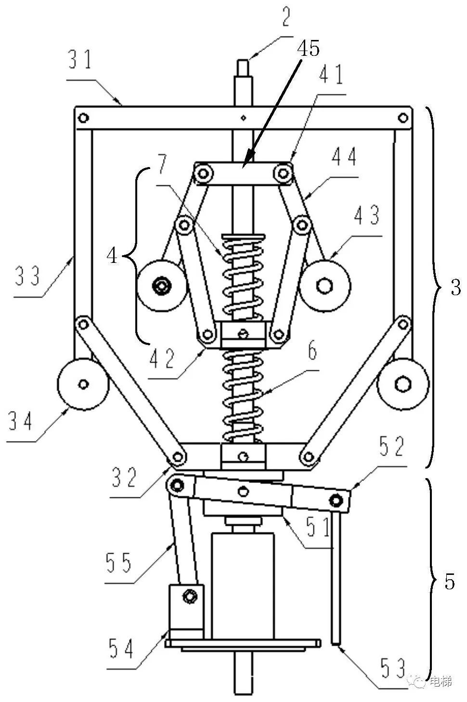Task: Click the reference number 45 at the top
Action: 309,49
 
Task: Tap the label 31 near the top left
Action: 80,59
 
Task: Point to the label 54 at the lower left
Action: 121,649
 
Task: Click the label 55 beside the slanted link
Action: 119,562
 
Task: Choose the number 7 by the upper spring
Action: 162,164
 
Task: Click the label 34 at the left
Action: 20,421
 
